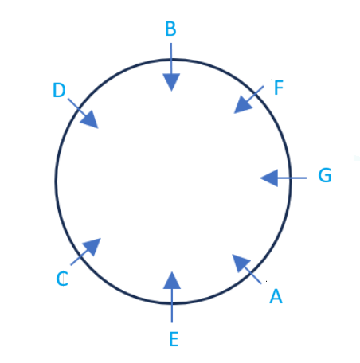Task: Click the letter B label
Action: point(170,29)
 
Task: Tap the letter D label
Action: point(59,90)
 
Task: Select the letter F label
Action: point(279,88)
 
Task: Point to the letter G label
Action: point(325,175)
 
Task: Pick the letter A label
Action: point(276,296)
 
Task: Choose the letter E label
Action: point(174,339)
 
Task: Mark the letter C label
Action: point(62,279)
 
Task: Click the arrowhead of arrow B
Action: point(171,82)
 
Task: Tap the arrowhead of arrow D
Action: point(89,119)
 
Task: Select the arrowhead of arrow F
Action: point(243,105)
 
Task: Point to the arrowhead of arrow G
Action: point(269,178)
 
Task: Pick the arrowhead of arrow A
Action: point(241,263)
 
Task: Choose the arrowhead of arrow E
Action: point(172,280)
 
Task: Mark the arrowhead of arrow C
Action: point(92,247)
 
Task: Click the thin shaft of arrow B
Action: point(171,58)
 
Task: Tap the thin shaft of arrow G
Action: point(292,178)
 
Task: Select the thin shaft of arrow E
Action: point(172,306)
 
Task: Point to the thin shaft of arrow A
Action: point(253,275)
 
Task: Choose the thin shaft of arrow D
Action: point(77,107)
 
